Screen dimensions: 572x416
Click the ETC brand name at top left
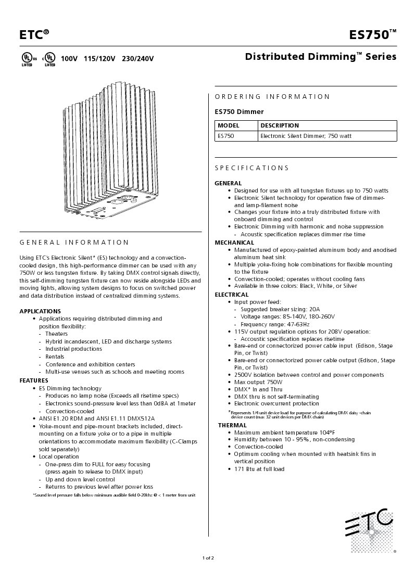click(x=34, y=35)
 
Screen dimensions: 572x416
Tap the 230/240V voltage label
click(x=137, y=59)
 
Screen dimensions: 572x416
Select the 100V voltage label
click(x=69, y=59)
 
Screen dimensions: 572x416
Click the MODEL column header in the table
click(x=228, y=125)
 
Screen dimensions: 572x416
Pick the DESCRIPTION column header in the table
click(x=280, y=125)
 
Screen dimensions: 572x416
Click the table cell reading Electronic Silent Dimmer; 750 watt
click(x=306, y=136)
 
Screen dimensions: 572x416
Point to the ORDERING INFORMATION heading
click(x=272, y=97)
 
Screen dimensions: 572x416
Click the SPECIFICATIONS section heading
click(x=251, y=168)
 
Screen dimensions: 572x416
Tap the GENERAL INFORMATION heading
click(x=74, y=243)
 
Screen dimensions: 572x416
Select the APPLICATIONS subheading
click(x=40, y=311)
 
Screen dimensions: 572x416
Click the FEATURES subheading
click(x=34, y=380)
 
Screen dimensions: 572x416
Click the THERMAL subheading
click(x=232, y=425)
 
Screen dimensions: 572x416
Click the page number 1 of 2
click(x=208, y=558)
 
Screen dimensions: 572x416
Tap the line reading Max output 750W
click(x=258, y=382)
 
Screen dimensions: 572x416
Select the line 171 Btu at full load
click(x=259, y=469)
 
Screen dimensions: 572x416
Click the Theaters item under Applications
click(x=56, y=334)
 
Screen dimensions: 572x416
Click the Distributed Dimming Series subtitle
click(x=320, y=57)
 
